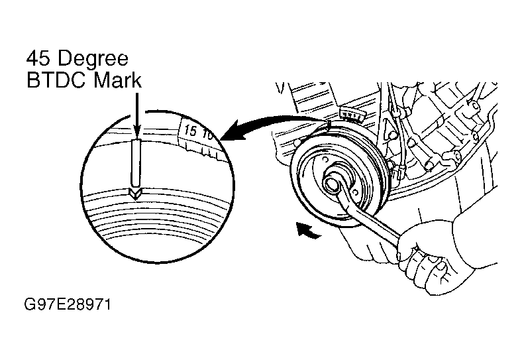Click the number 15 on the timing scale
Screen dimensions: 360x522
tap(191, 131)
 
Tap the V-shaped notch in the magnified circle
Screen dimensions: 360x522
tap(135, 193)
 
